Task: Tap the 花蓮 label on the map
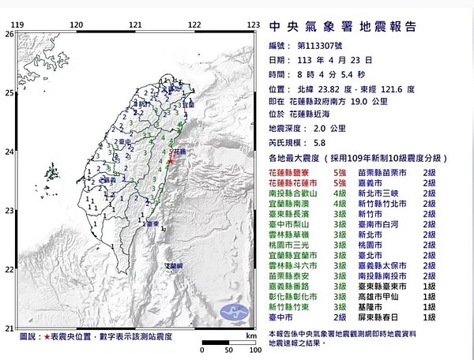coord(179,150)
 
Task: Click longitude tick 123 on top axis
coord(253,25)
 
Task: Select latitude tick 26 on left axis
coord(9,35)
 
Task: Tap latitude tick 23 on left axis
coord(9,211)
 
